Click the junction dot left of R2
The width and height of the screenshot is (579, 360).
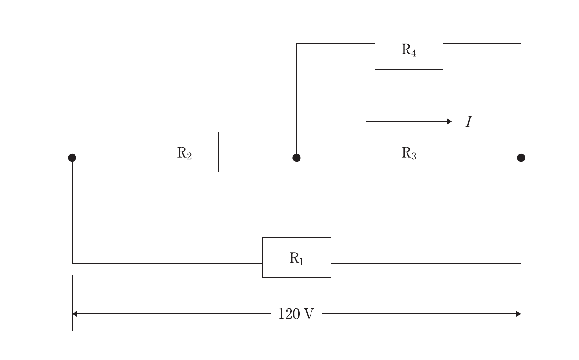[72, 158]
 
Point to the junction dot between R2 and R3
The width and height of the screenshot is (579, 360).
[297, 158]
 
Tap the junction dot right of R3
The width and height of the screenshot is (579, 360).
[521, 158]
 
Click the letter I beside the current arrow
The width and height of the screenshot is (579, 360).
[469, 122]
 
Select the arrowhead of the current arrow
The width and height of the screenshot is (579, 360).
[449, 121]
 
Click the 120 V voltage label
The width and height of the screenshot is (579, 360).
[296, 314]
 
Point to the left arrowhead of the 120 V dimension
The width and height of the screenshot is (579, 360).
[75, 314]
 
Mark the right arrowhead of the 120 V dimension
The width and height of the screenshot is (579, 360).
[518, 314]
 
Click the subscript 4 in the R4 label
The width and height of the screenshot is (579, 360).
[413, 53]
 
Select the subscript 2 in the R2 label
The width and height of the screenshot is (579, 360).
[189, 156]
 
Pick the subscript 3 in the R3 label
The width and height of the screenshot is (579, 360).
[414, 156]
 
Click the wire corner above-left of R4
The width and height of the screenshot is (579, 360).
[297, 43]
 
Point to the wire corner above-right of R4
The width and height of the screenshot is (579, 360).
[521, 43]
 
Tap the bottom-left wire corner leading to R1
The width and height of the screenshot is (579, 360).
[73, 263]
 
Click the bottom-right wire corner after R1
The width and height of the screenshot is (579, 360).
[521, 263]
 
